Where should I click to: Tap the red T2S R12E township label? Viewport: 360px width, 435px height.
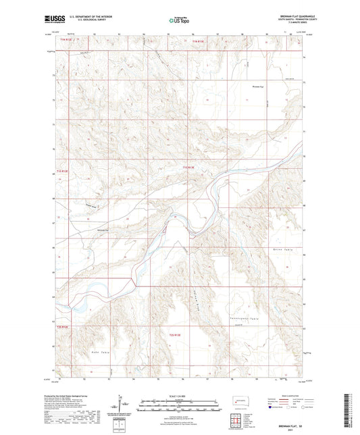(63, 327)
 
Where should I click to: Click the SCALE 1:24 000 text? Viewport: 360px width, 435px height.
(180, 396)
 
